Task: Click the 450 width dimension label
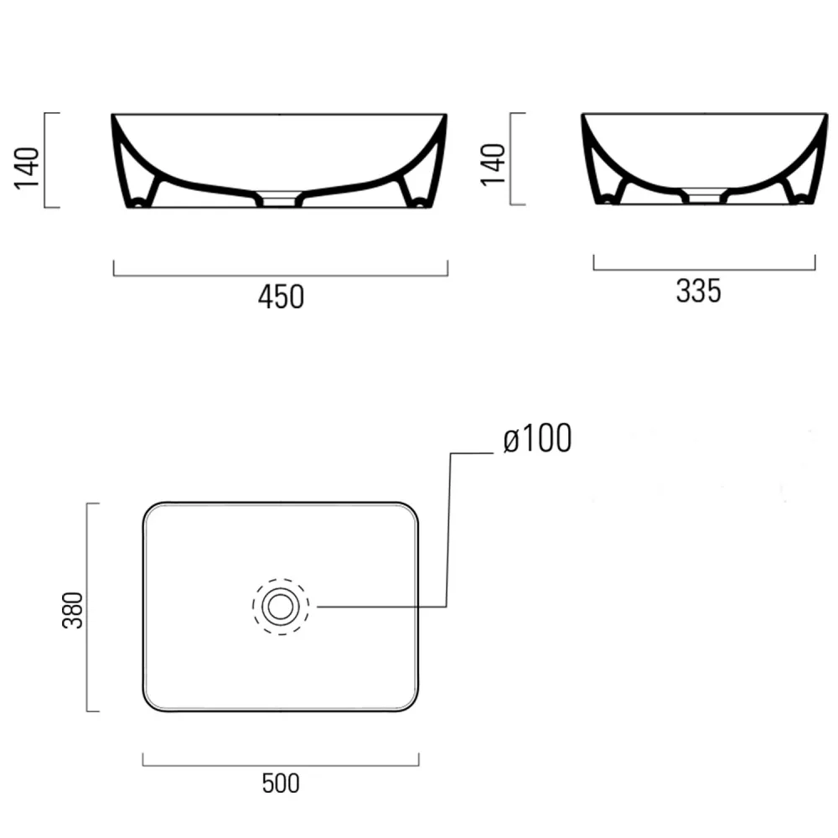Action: click(281, 297)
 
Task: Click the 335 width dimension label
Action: click(699, 292)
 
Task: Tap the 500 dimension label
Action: click(281, 784)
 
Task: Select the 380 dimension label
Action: click(73, 610)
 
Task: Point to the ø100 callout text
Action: click(537, 439)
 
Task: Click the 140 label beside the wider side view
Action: click(28, 168)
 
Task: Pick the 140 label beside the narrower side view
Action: click(494, 164)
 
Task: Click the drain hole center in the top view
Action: click(281, 607)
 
